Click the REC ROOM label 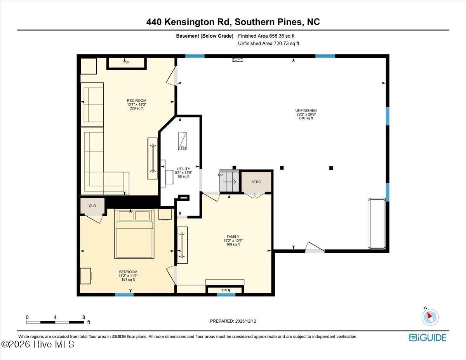pos(137,101)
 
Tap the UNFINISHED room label pos(306,111)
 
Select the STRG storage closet pos(256,182)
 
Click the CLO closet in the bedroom pos(92,206)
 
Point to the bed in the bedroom pos(134,234)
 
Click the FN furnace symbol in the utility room pos(182,141)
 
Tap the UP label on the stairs pos(220,175)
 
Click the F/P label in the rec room pos(126,63)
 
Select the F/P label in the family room pos(224,291)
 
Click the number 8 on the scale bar pos(83,317)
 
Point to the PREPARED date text pos(233,321)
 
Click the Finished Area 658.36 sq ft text pos(266,36)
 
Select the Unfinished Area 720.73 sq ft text pos(268,43)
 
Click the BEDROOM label pos(128,272)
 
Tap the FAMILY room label pos(233,237)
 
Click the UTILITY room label pos(183,169)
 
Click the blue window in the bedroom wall pos(124,295)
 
